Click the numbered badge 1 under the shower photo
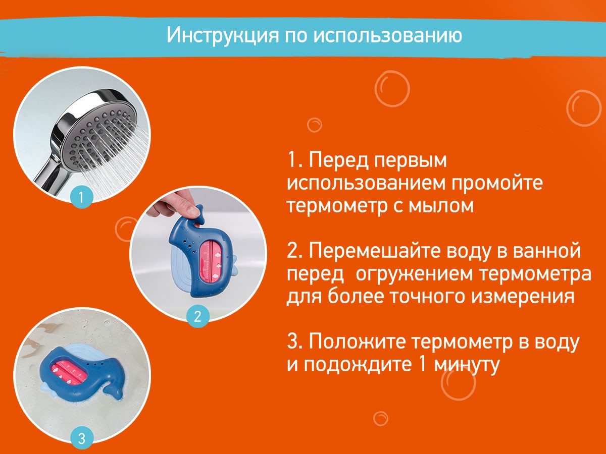[x=82, y=196]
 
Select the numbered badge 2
[x=197, y=316]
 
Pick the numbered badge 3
[x=82, y=437]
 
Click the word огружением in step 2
[x=425, y=274]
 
